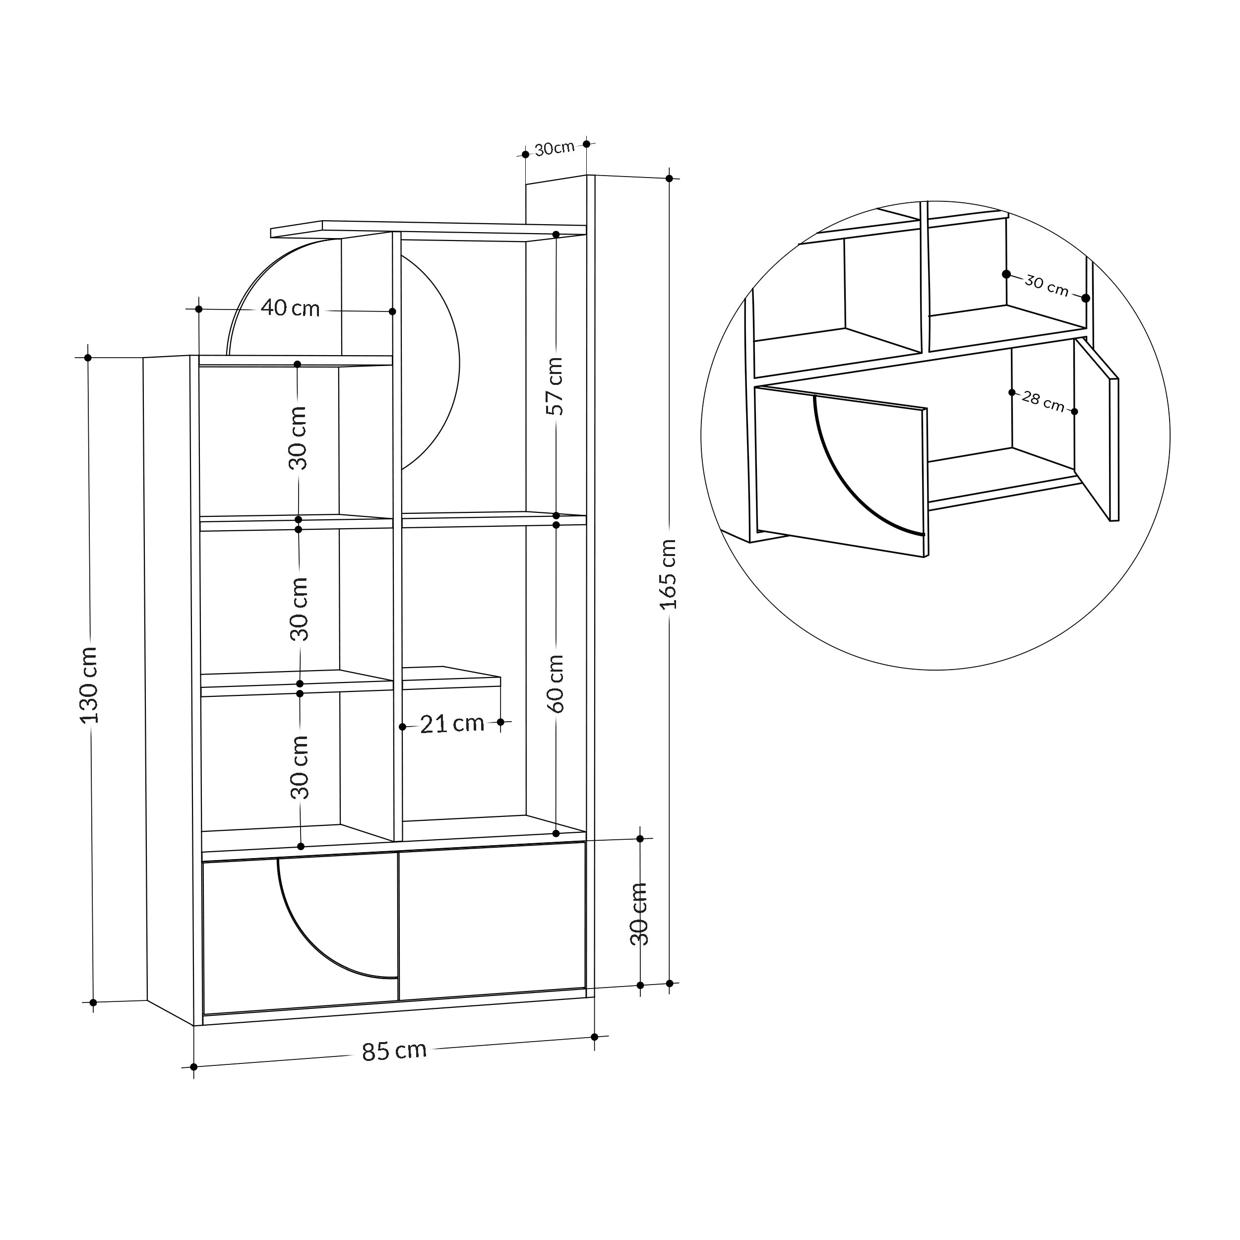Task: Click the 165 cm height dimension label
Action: (669, 574)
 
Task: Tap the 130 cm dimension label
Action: (89, 685)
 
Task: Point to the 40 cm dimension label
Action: (290, 309)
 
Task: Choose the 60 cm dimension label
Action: (556, 683)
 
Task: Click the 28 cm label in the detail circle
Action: (1043, 402)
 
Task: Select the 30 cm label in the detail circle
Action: (1046, 286)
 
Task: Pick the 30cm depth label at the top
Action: (555, 148)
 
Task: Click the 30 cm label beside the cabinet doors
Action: (639, 914)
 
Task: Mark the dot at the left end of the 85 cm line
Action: (194, 1067)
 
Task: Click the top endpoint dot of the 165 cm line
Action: (670, 179)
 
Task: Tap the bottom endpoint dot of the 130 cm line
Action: (93, 1002)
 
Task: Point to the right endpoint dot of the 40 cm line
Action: (393, 311)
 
